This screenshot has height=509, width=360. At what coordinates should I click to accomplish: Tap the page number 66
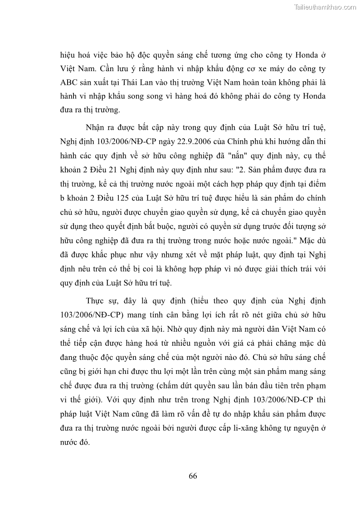(192, 475)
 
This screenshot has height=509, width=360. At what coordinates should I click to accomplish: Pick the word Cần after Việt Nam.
(107, 69)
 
